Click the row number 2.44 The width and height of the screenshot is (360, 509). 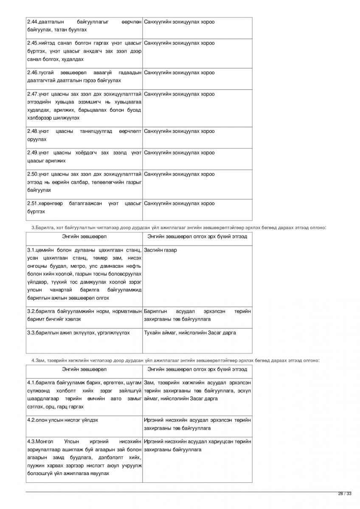32,22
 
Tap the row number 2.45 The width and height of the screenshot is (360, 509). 32,43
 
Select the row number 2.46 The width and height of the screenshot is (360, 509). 32,73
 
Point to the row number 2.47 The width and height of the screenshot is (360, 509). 32,94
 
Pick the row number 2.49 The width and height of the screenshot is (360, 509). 32,153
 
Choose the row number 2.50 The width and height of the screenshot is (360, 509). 32,174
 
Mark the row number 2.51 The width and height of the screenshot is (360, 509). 32,204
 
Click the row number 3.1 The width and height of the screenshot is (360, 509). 31,250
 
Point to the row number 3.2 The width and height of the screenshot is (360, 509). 31,311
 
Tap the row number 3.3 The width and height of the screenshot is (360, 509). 31,333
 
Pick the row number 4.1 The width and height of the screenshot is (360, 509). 31,383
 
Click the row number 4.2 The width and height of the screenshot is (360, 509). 31,420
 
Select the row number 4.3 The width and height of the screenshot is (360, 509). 31,442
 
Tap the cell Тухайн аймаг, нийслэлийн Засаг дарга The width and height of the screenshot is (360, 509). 190,333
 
